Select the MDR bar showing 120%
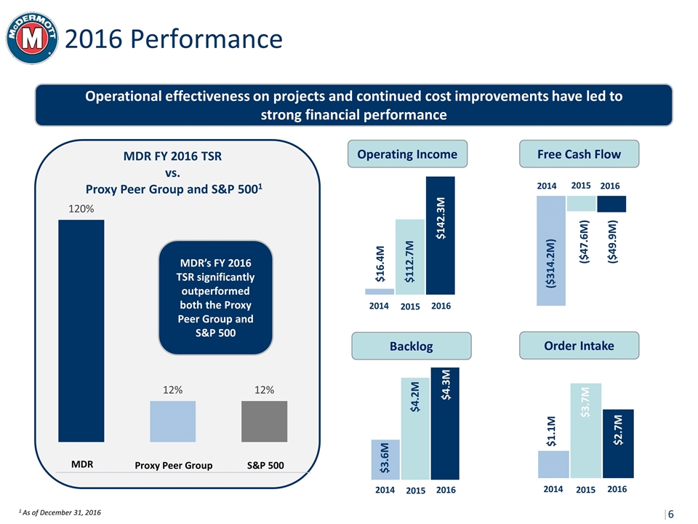click(81, 331)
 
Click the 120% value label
click(81, 209)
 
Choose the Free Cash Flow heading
click(580, 154)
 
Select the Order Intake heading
click(579, 345)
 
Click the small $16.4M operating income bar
click(380, 291)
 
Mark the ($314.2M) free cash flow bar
click(550, 251)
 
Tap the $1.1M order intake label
click(552, 431)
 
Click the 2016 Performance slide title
click(173, 39)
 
